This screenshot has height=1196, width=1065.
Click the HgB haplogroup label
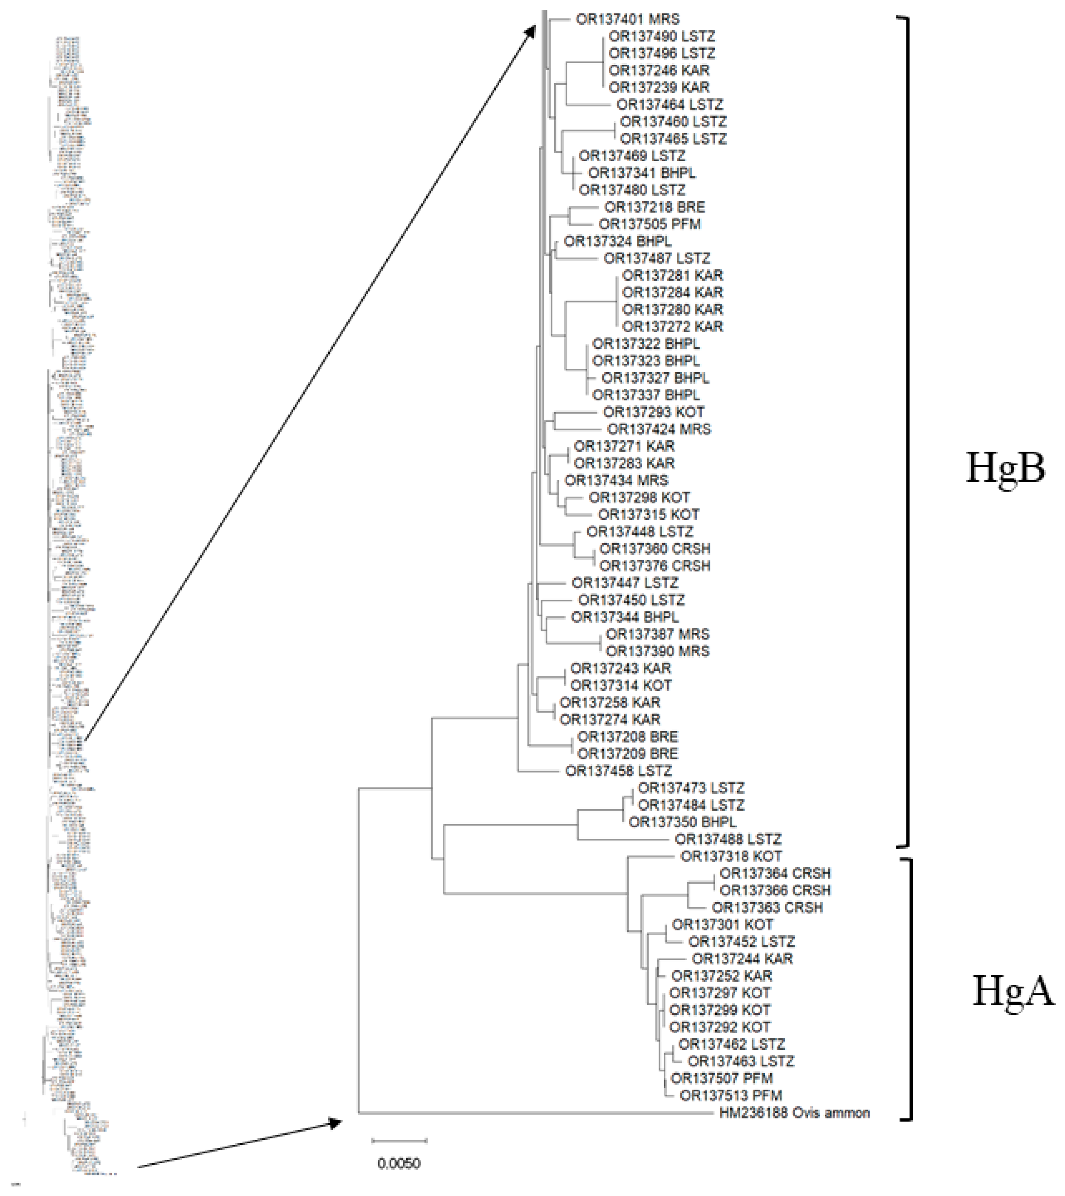(x=1005, y=468)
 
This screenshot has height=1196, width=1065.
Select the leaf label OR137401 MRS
(x=627, y=19)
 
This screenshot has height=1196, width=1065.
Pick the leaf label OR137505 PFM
(x=649, y=224)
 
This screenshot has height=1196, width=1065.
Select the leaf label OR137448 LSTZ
(x=640, y=532)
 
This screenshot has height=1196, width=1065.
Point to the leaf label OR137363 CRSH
(x=767, y=907)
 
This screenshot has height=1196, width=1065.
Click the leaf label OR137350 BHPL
(x=682, y=822)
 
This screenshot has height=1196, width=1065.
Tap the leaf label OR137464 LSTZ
(x=669, y=105)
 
